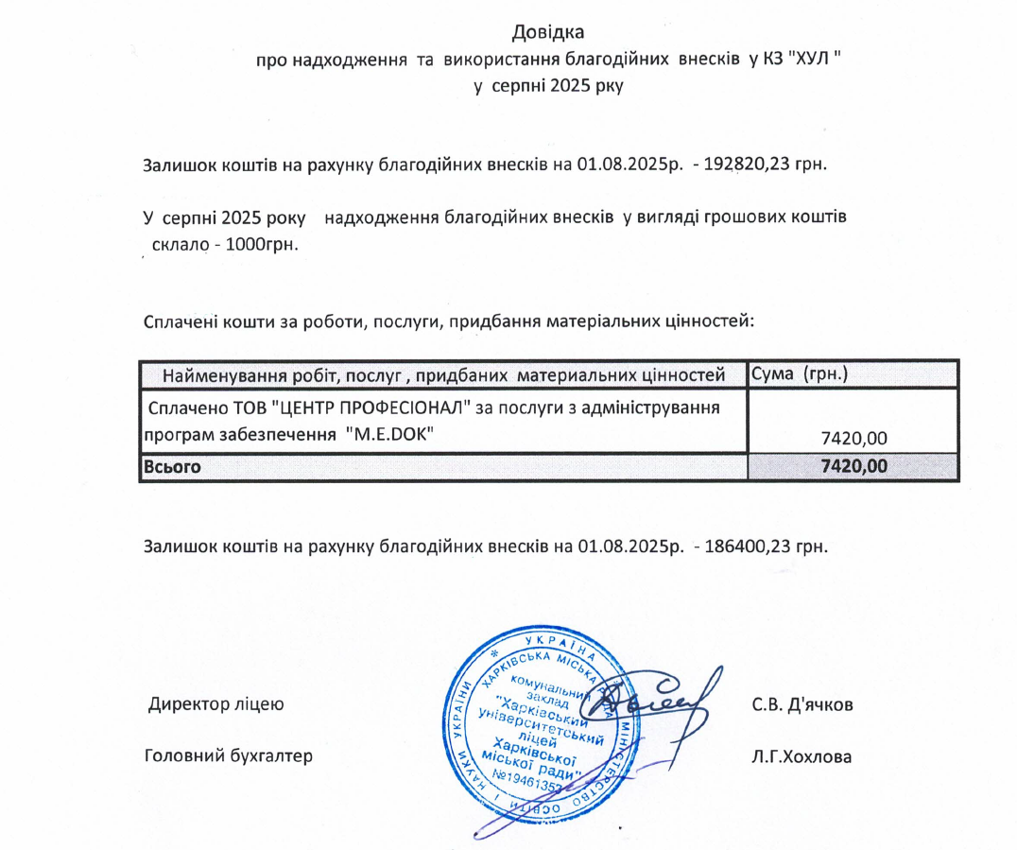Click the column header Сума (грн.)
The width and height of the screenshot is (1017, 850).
(x=798, y=374)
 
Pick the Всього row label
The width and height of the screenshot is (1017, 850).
(x=172, y=466)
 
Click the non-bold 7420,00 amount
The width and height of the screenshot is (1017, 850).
(x=853, y=438)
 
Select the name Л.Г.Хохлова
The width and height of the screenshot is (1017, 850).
(x=802, y=756)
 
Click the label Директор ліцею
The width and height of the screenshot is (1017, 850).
(x=215, y=704)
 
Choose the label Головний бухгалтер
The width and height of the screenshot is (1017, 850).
(x=227, y=756)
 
